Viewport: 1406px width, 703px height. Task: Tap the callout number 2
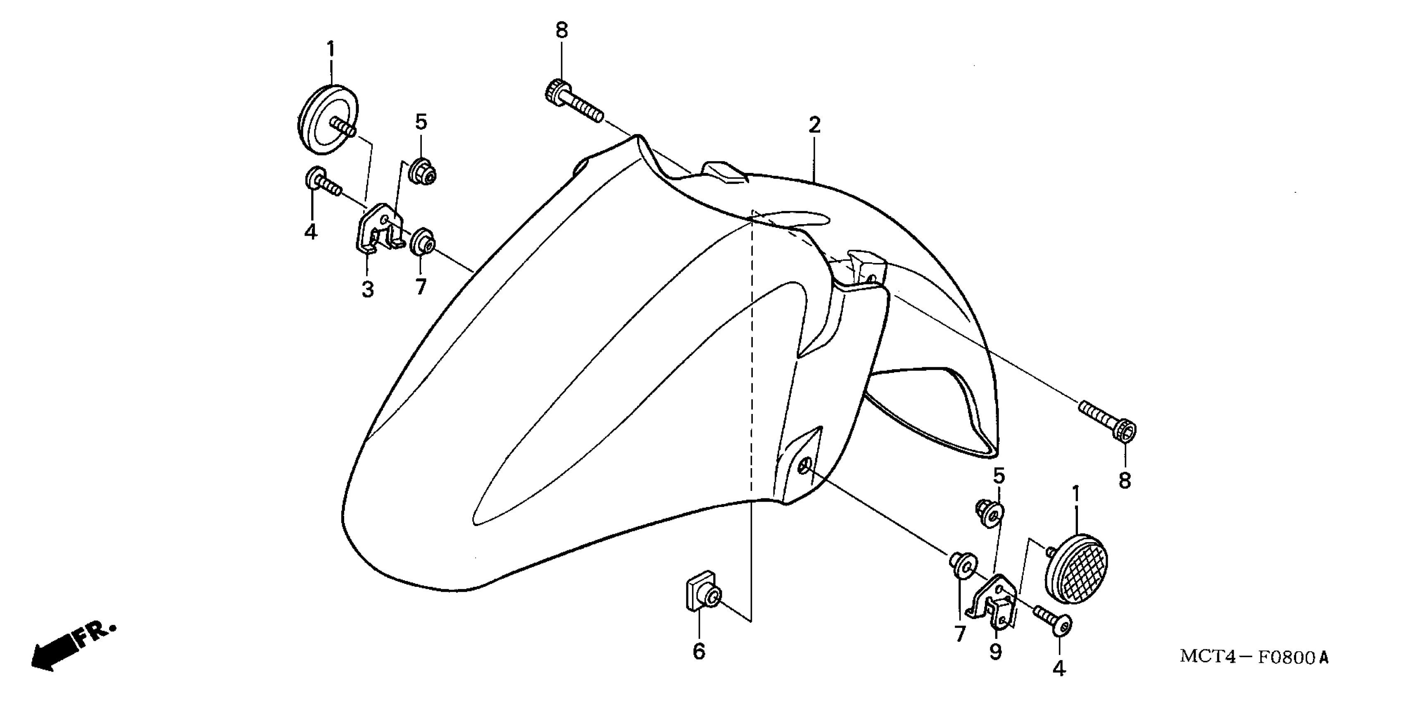click(814, 126)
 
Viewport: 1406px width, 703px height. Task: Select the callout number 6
click(699, 651)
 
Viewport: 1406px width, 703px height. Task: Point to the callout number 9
click(996, 652)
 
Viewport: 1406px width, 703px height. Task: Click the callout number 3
click(368, 289)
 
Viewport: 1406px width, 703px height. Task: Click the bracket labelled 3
click(379, 228)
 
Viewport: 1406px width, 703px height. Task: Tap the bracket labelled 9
click(993, 601)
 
